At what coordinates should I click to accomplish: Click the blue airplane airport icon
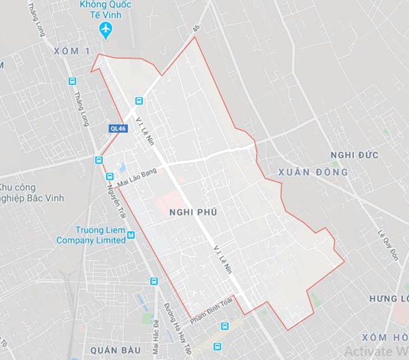tap(106, 30)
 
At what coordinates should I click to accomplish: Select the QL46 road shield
tap(119, 128)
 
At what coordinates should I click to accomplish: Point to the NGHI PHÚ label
tap(194, 213)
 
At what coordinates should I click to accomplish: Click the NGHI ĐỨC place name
tap(354, 155)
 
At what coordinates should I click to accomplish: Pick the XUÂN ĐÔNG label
tap(313, 172)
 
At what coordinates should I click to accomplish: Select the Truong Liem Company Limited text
tap(90, 235)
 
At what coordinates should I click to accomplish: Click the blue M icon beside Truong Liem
tap(131, 235)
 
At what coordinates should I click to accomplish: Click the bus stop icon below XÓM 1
tap(72, 81)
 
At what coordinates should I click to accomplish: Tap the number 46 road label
tap(196, 30)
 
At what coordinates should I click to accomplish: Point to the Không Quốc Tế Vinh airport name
tap(105, 10)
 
